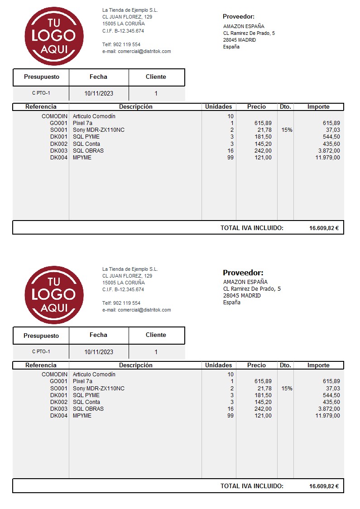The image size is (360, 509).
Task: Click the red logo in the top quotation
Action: pos(54,36)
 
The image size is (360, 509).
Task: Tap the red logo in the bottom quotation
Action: pos(54,295)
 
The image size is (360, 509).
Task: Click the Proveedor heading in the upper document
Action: pos(239,17)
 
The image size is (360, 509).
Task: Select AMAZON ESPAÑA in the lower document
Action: pos(245,282)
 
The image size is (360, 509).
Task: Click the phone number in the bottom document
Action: pos(121,303)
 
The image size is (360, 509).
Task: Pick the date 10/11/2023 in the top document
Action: pos(99,94)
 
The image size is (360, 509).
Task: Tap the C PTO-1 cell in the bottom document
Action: pos(41,352)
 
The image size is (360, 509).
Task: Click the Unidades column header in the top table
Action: pos(218,107)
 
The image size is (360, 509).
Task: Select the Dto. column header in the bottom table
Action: pos(285,365)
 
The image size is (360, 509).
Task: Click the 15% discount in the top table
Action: pos(287,130)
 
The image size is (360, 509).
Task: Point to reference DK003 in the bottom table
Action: pos(59,409)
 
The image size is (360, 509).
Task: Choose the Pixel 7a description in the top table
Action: pos(82,123)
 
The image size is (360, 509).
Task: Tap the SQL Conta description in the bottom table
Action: pos(86,402)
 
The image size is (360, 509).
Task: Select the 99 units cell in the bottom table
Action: pos(230,416)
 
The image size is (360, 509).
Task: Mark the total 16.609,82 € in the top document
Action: pos(324,228)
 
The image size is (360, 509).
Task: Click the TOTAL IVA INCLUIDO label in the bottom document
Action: pos(252,486)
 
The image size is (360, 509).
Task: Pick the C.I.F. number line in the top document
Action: pos(123,31)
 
